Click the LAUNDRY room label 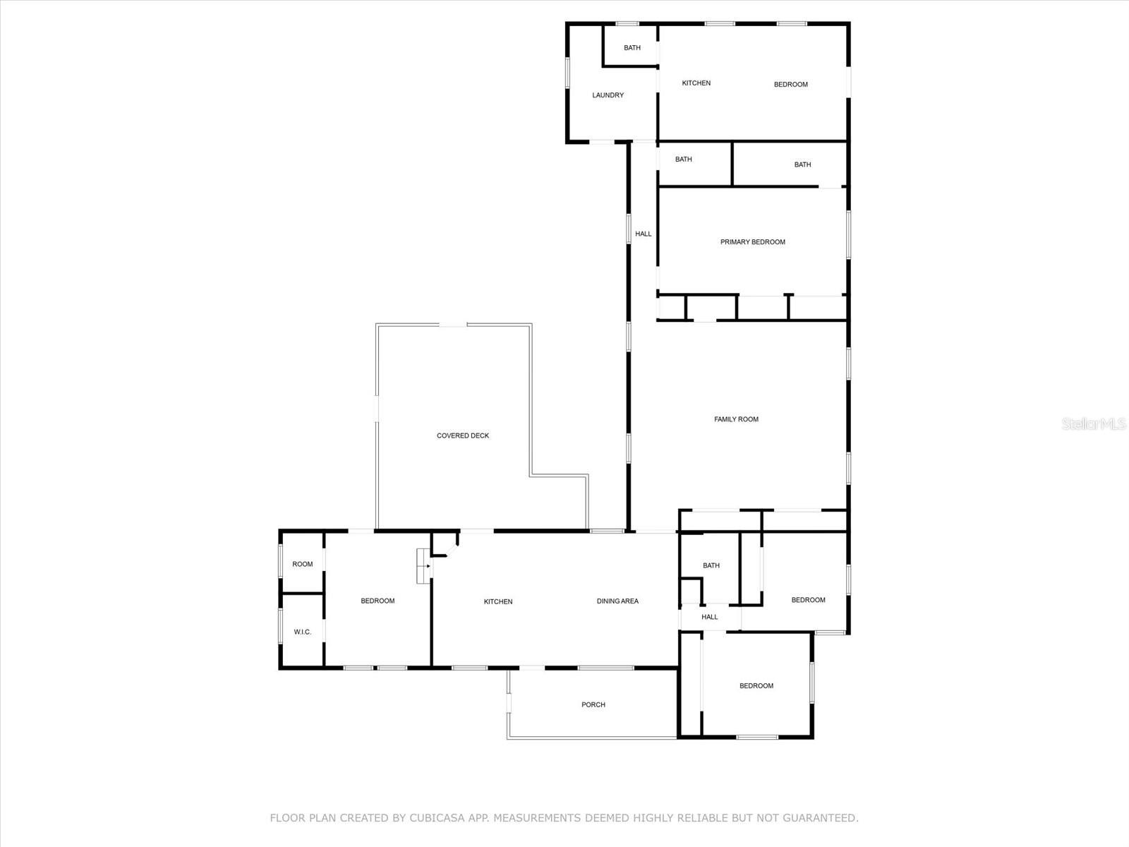(x=608, y=95)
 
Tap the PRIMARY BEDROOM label (x=752, y=242)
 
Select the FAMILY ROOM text (x=736, y=419)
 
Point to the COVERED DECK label (x=462, y=435)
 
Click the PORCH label (x=593, y=704)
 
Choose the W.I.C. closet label (x=302, y=632)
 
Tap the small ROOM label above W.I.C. (x=302, y=564)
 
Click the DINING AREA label (x=617, y=601)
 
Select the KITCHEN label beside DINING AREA (x=497, y=601)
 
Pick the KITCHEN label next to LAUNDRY (x=696, y=83)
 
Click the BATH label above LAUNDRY (x=632, y=48)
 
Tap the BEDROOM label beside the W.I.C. (x=378, y=601)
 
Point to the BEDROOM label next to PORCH (x=756, y=686)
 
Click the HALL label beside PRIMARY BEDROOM (x=643, y=234)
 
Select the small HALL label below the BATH (x=709, y=617)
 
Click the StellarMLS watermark (x=1094, y=423)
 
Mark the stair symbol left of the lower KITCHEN (x=423, y=565)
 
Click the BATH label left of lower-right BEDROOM (x=711, y=565)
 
